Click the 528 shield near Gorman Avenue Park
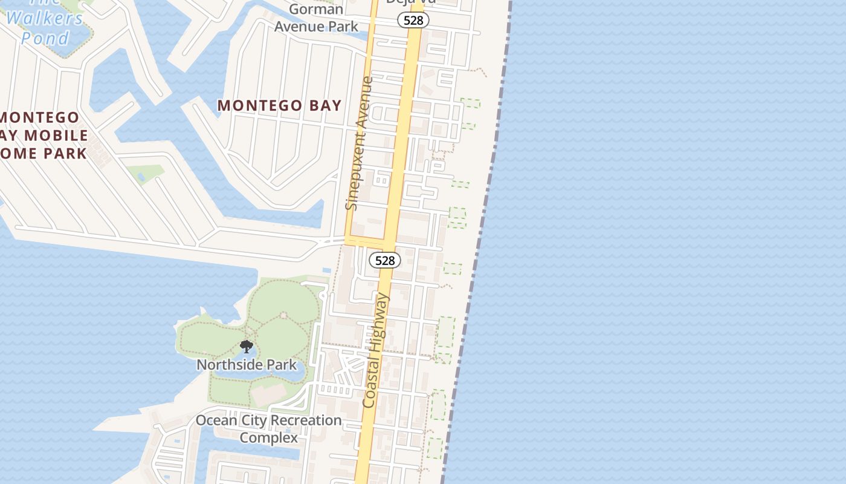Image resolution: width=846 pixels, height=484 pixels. pos(413,20)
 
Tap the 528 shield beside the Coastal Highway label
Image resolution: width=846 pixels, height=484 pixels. pos(385,260)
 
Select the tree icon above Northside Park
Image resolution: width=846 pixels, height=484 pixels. pos(246,347)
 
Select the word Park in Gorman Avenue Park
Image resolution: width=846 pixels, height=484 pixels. pos(343,27)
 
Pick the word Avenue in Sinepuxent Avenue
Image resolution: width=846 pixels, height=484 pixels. pos(366,100)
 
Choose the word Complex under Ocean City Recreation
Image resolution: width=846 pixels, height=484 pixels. pos(269,437)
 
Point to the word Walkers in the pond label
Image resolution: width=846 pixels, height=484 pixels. pos(45,18)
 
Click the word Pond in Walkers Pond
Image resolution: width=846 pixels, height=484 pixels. pos(45,39)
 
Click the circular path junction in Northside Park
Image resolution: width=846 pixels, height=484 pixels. pos(283,315)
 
